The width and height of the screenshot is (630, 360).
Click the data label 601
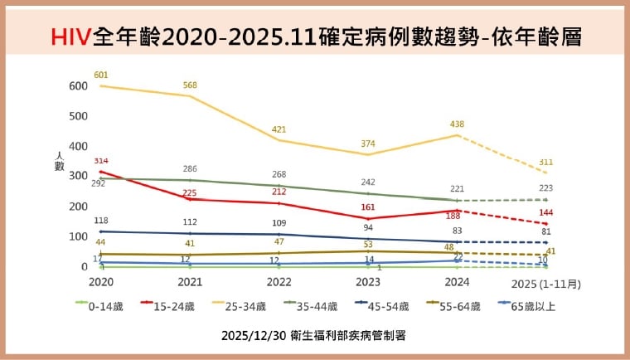(101, 75)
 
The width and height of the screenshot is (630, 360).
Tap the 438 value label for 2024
(457, 124)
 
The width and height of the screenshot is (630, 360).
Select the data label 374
(368, 144)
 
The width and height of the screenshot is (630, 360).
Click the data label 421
(279, 130)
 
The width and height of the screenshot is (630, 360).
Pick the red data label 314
(101, 161)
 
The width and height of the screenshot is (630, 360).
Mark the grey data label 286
(190, 169)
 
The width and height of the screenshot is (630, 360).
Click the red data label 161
(368, 207)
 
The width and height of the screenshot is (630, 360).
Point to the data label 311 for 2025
(546, 162)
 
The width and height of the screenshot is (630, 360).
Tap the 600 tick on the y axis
(78, 85)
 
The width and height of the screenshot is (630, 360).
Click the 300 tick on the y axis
(78, 176)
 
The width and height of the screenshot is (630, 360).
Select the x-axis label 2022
(279, 283)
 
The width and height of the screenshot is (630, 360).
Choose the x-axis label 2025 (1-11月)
(545, 283)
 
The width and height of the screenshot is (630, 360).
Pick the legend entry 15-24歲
(171, 306)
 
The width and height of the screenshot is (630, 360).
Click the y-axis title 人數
(59, 160)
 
